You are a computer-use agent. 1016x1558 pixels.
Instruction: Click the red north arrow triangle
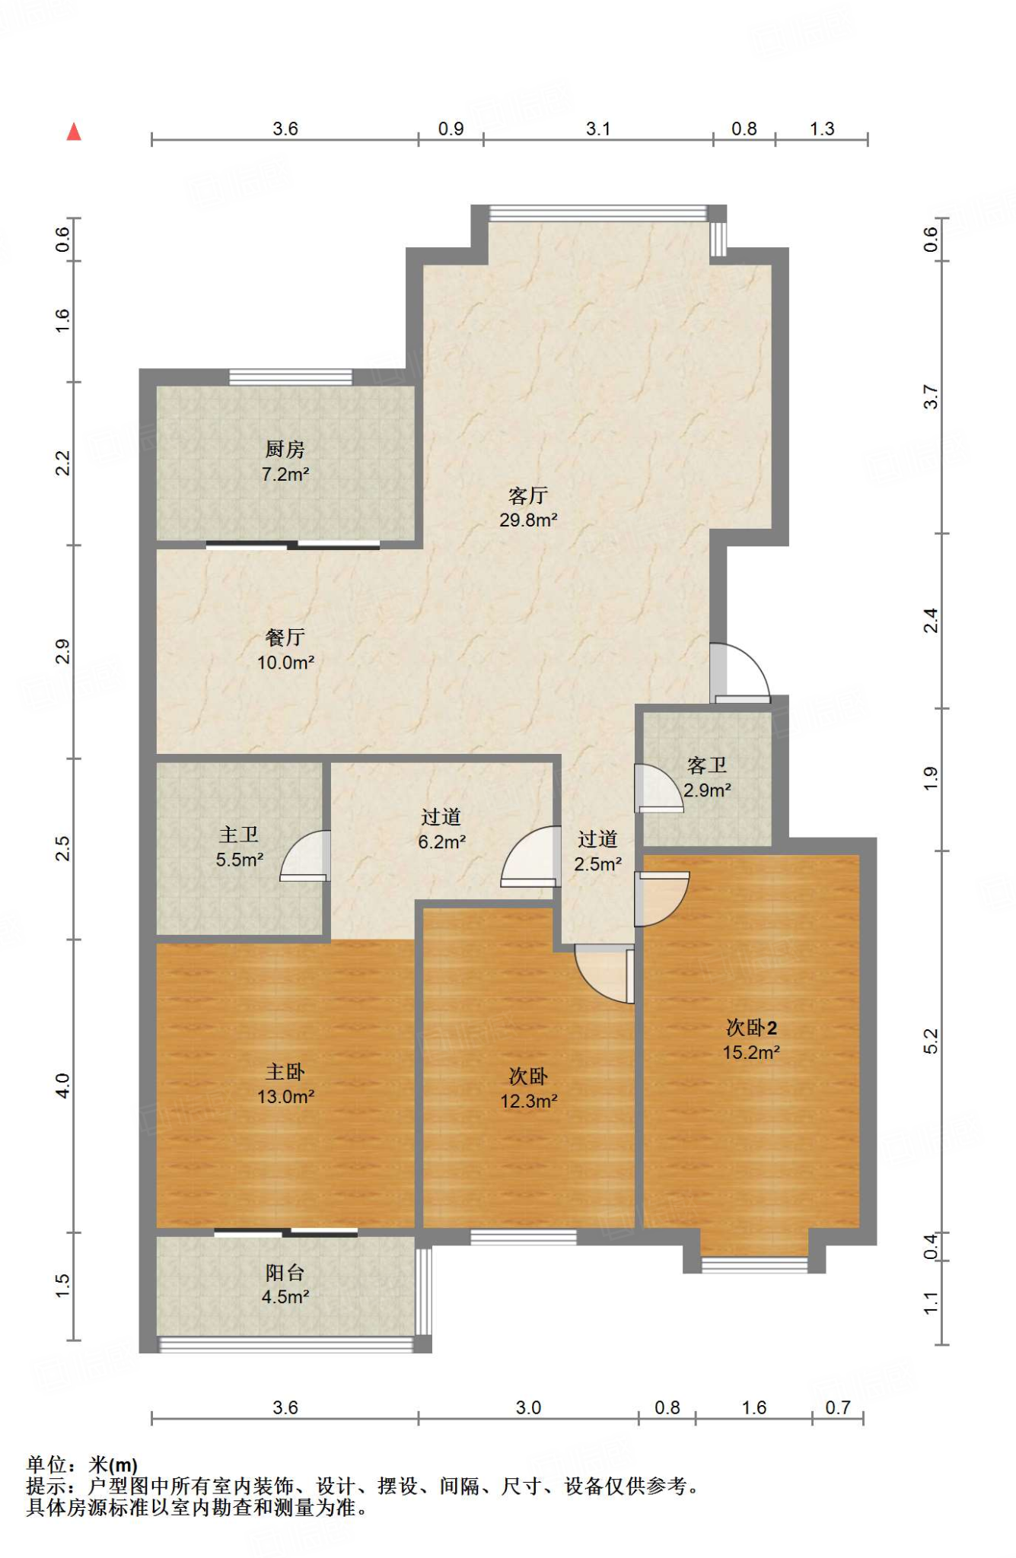tap(74, 132)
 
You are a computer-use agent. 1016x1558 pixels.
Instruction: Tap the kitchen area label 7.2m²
tap(285, 475)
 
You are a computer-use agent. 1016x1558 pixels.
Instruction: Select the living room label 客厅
tap(527, 496)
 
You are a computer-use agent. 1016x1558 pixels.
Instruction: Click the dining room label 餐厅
tap(285, 638)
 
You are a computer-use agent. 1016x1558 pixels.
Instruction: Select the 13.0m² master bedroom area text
tap(285, 1097)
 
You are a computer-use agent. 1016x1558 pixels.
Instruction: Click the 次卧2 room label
tap(751, 1028)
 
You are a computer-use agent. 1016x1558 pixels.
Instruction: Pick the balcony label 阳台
tap(285, 1272)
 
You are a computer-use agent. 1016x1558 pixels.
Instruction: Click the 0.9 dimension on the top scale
tap(451, 129)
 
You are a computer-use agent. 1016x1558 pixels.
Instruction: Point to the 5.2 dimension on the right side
tap(931, 1041)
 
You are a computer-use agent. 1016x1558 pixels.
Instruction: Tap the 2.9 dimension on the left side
tap(62, 651)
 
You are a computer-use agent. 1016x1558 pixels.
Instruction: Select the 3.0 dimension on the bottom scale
tap(528, 1407)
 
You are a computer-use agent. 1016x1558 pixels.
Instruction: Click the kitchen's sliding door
tap(293, 545)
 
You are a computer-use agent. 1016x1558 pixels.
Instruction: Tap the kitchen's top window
tap(290, 377)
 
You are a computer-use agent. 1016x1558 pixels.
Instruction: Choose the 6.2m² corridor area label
tap(441, 842)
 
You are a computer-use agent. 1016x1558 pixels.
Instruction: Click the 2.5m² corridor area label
tap(597, 864)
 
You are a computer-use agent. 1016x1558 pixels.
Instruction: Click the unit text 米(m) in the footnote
tap(113, 1464)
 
